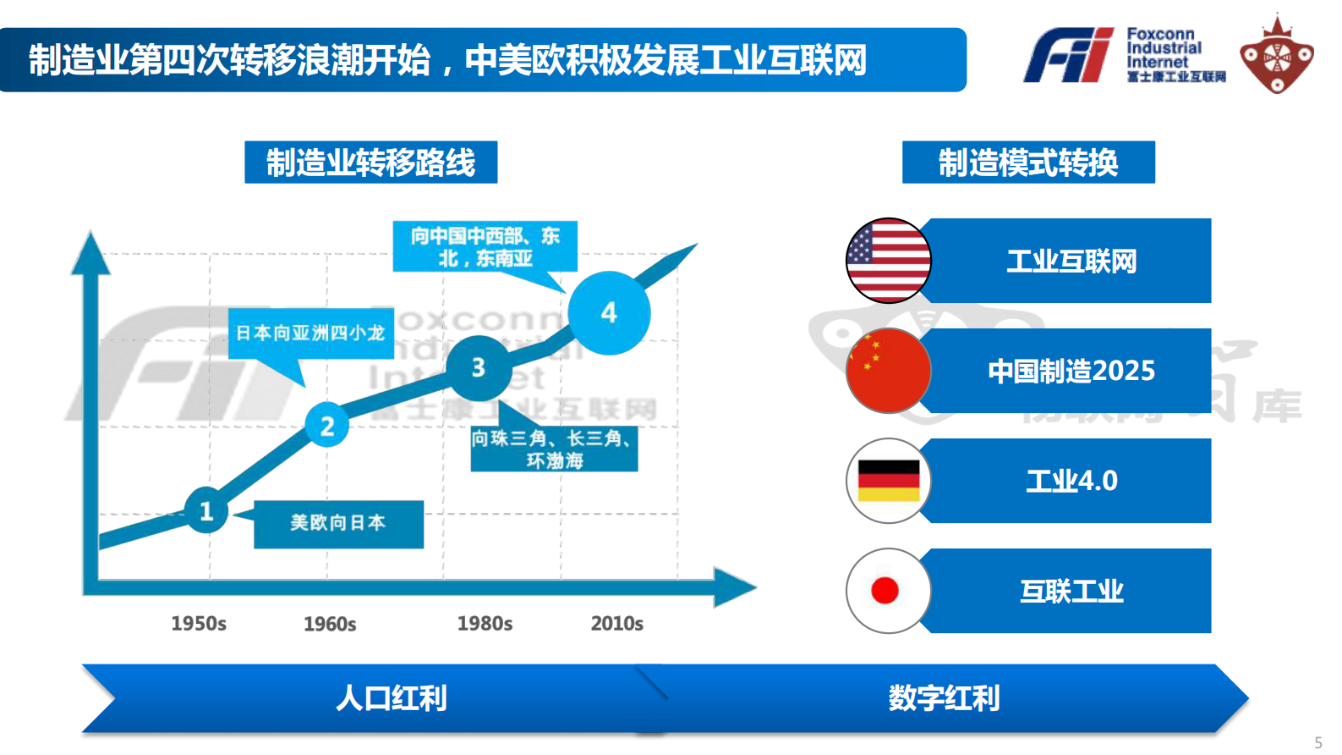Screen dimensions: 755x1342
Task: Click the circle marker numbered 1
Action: pos(206,510)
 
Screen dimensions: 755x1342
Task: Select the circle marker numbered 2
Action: pos(327,425)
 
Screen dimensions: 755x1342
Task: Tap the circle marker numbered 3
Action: pos(479,367)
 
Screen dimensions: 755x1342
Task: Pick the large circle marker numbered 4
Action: pos(609,313)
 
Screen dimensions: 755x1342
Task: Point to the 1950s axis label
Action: pos(199,624)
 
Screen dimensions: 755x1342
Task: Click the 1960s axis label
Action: pos(330,625)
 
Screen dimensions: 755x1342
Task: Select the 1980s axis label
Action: pos(485,624)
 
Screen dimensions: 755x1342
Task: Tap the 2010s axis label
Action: pos(616,624)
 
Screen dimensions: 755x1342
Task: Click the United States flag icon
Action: pos(888,261)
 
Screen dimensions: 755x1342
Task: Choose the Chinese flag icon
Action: pos(888,371)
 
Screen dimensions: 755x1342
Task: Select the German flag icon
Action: pos(888,481)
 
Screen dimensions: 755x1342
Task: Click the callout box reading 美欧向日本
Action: pos(338,523)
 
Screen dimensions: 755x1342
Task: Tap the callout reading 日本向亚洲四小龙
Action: pos(309,333)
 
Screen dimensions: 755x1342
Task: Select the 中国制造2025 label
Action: pos(1071,371)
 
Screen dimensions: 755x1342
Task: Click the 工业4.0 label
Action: pos(1071,481)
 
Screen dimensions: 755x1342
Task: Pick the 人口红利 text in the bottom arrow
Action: pos(391,698)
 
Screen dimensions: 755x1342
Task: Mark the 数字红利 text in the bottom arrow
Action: pos(944,698)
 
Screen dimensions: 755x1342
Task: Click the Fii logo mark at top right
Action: pos(1070,56)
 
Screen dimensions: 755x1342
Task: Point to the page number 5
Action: pos(1317,742)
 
